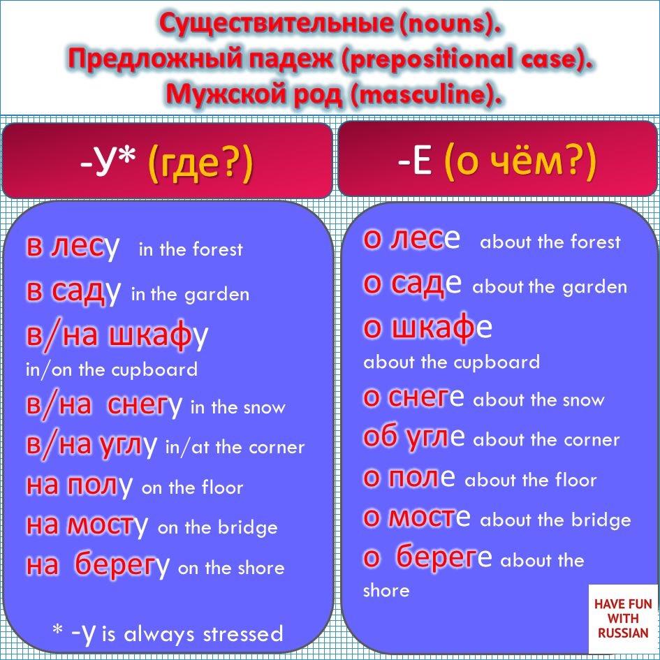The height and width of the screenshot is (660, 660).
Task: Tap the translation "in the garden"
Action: (x=190, y=294)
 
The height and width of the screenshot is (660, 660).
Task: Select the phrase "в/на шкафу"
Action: (x=117, y=336)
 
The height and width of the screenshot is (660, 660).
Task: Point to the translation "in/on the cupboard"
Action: (x=111, y=369)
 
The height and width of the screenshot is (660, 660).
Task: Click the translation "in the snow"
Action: (x=237, y=408)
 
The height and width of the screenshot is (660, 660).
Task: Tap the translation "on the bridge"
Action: (x=217, y=528)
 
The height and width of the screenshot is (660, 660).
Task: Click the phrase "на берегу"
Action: (x=98, y=566)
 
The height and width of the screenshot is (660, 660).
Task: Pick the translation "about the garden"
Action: (x=550, y=287)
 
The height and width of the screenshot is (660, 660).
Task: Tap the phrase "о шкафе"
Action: (x=427, y=328)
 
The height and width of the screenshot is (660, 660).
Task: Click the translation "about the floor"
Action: (x=530, y=481)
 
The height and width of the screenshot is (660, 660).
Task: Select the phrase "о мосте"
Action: (x=416, y=518)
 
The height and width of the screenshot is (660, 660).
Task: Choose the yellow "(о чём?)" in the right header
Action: (x=520, y=162)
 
